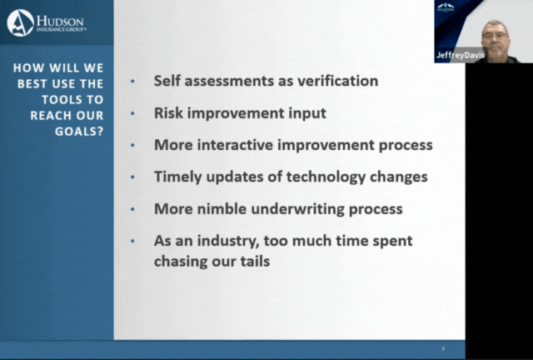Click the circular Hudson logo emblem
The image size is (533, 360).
(x=20, y=22)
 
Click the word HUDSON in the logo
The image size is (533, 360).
(x=60, y=21)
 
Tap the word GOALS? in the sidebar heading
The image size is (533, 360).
(x=79, y=132)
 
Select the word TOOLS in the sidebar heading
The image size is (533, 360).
(x=62, y=99)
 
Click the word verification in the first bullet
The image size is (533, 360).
(x=337, y=81)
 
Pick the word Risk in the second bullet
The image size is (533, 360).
(x=168, y=113)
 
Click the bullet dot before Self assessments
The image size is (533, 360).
(x=132, y=82)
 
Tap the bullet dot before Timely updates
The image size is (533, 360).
(x=132, y=177)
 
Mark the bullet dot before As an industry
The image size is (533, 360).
(x=132, y=241)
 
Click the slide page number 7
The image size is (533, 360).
(x=443, y=349)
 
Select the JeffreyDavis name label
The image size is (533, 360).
(x=461, y=55)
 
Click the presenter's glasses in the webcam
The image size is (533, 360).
(x=495, y=35)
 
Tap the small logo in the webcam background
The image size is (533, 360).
(x=446, y=7)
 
